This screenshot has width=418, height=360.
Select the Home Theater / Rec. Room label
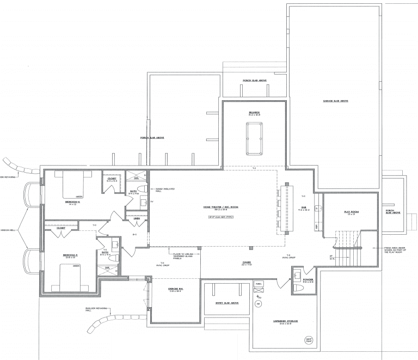pos(221,208)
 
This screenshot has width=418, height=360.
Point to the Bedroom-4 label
pos(73,201)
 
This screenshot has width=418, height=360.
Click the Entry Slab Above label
pos(228,303)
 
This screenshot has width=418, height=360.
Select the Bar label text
pos(302,208)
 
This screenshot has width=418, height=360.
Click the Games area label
pos(247,262)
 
